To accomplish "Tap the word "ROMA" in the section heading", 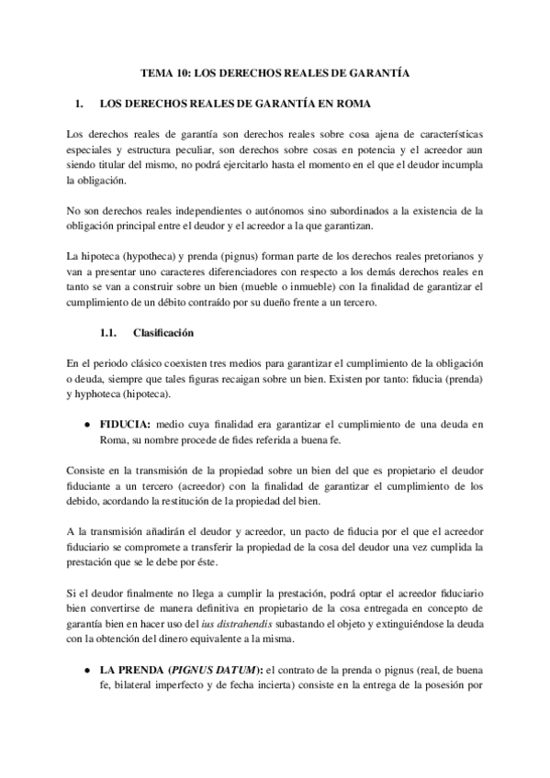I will (351, 102).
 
